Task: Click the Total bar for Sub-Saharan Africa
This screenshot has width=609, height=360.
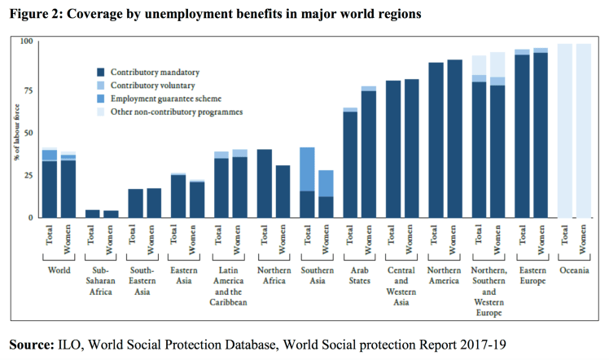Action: (93, 213)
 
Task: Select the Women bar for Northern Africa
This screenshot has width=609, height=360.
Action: (283, 191)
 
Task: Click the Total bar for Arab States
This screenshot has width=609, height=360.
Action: (350, 163)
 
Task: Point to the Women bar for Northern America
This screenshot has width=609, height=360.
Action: (454, 138)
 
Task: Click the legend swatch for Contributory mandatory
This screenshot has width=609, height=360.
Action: (101, 72)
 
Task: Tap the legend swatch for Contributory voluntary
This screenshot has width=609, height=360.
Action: (101, 86)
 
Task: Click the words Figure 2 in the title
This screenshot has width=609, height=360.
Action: (35, 13)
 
